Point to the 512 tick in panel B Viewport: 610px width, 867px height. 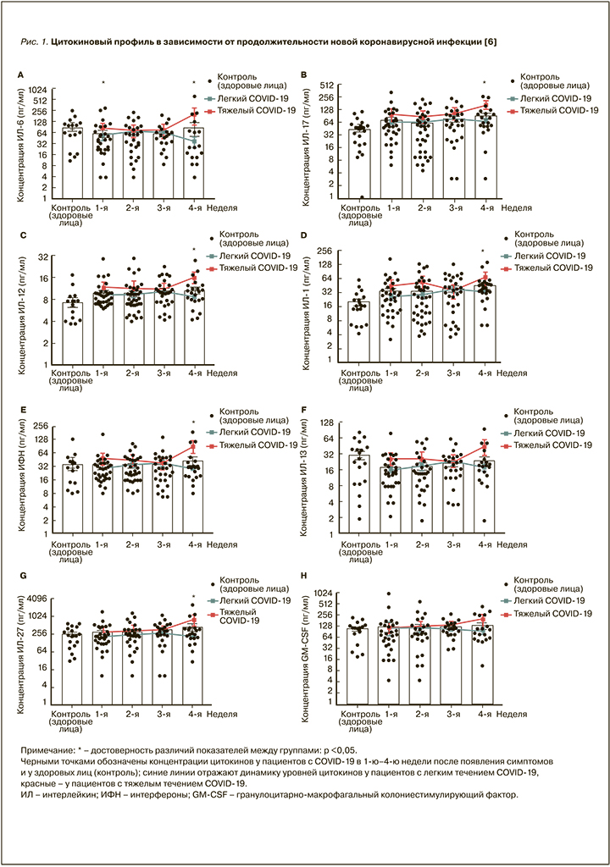coord(328,86)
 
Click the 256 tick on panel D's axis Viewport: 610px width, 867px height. coord(326,251)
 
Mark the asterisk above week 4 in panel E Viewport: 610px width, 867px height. coord(194,423)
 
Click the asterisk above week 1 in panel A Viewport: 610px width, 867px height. coord(103,83)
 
